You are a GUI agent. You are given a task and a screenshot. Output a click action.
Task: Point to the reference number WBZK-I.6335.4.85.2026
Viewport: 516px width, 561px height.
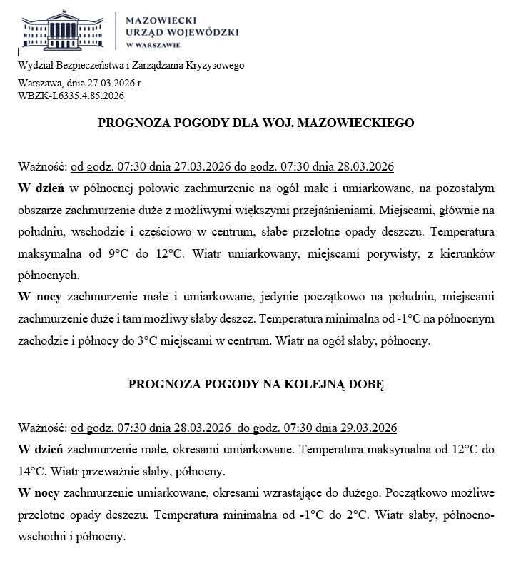click(71, 95)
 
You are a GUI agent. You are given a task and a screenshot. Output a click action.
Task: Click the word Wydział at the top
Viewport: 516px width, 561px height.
click(36, 66)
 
